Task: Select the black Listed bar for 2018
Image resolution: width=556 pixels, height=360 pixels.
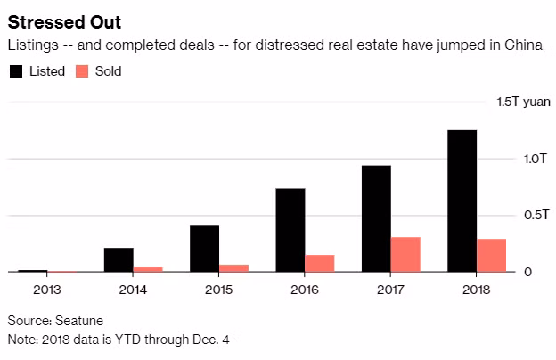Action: tap(462, 200)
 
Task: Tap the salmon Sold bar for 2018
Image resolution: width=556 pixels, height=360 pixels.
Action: tap(491, 255)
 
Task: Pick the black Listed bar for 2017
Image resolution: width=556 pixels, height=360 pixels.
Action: tap(376, 218)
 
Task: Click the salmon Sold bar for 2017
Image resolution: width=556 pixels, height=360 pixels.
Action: tap(405, 254)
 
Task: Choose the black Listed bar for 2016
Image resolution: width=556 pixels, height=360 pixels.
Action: tap(290, 230)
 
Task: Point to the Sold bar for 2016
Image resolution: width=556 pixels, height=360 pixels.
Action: tap(320, 263)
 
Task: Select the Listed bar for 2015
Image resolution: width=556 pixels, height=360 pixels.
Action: tap(205, 249)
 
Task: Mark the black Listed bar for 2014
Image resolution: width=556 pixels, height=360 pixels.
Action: tap(119, 259)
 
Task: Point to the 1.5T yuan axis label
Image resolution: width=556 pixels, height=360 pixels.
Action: tap(523, 102)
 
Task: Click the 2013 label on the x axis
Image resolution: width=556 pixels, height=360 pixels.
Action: tap(47, 288)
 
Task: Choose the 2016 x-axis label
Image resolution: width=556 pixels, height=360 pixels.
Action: tap(304, 288)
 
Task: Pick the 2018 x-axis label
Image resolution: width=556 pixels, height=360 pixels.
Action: tap(476, 288)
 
